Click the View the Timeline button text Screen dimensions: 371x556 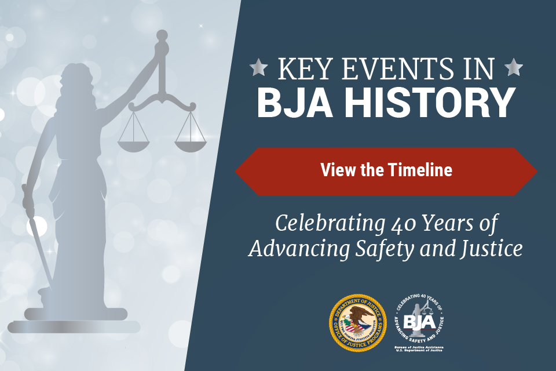click(x=386, y=170)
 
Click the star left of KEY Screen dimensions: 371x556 click(x=258, y=68)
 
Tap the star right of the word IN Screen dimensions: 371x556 click(x=513, y=68)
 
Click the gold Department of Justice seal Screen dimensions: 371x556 click(x=357, y=323)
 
